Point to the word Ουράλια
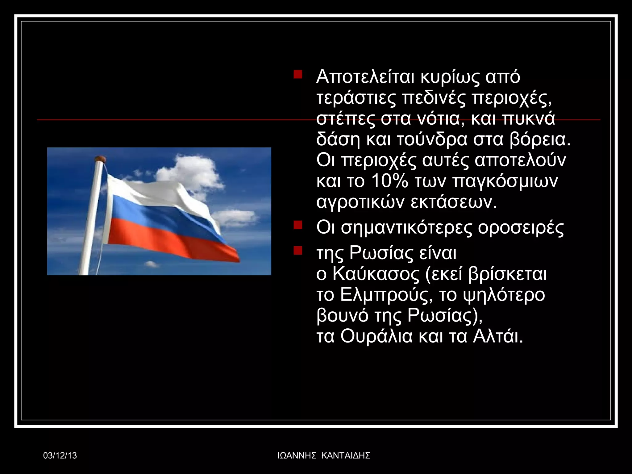tap(376, 337)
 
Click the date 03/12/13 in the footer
tap(60, 455)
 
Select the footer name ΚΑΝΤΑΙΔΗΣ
tap(346, 455)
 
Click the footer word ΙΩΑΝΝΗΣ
tap(297, 455)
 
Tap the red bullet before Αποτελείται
tap(298, 75)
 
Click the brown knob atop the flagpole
tap(100, 159)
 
